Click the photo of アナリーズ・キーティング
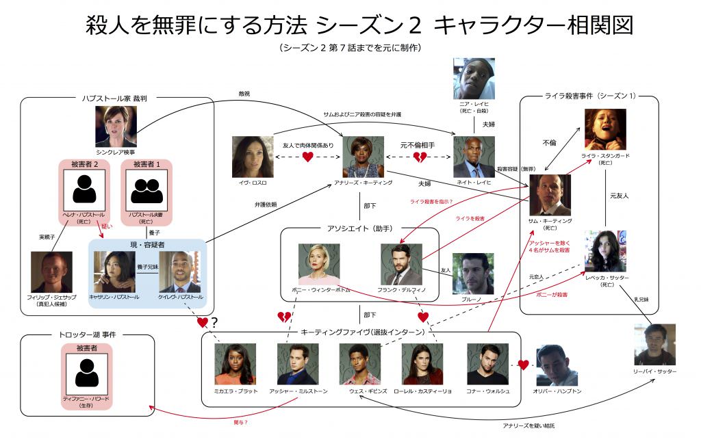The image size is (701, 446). [x=363, y=157]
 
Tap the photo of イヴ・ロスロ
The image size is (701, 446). [x=253, y=157]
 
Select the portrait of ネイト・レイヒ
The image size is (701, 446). [x=474, y=157]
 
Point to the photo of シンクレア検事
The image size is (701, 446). [x=116, y=126]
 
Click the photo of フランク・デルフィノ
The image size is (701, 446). [x=401, y=264]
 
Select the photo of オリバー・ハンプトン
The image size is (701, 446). [x=557, y=365]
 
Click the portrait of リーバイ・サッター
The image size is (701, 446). [x=654, y=344]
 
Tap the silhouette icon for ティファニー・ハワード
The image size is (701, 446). [x=86, y=373]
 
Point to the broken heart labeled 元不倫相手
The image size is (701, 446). [x=419, y=157]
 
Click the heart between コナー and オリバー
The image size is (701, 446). [x=524, y=365]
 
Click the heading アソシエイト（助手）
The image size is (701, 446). [x=359, y=228]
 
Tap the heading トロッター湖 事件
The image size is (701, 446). [x=86, y=336]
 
